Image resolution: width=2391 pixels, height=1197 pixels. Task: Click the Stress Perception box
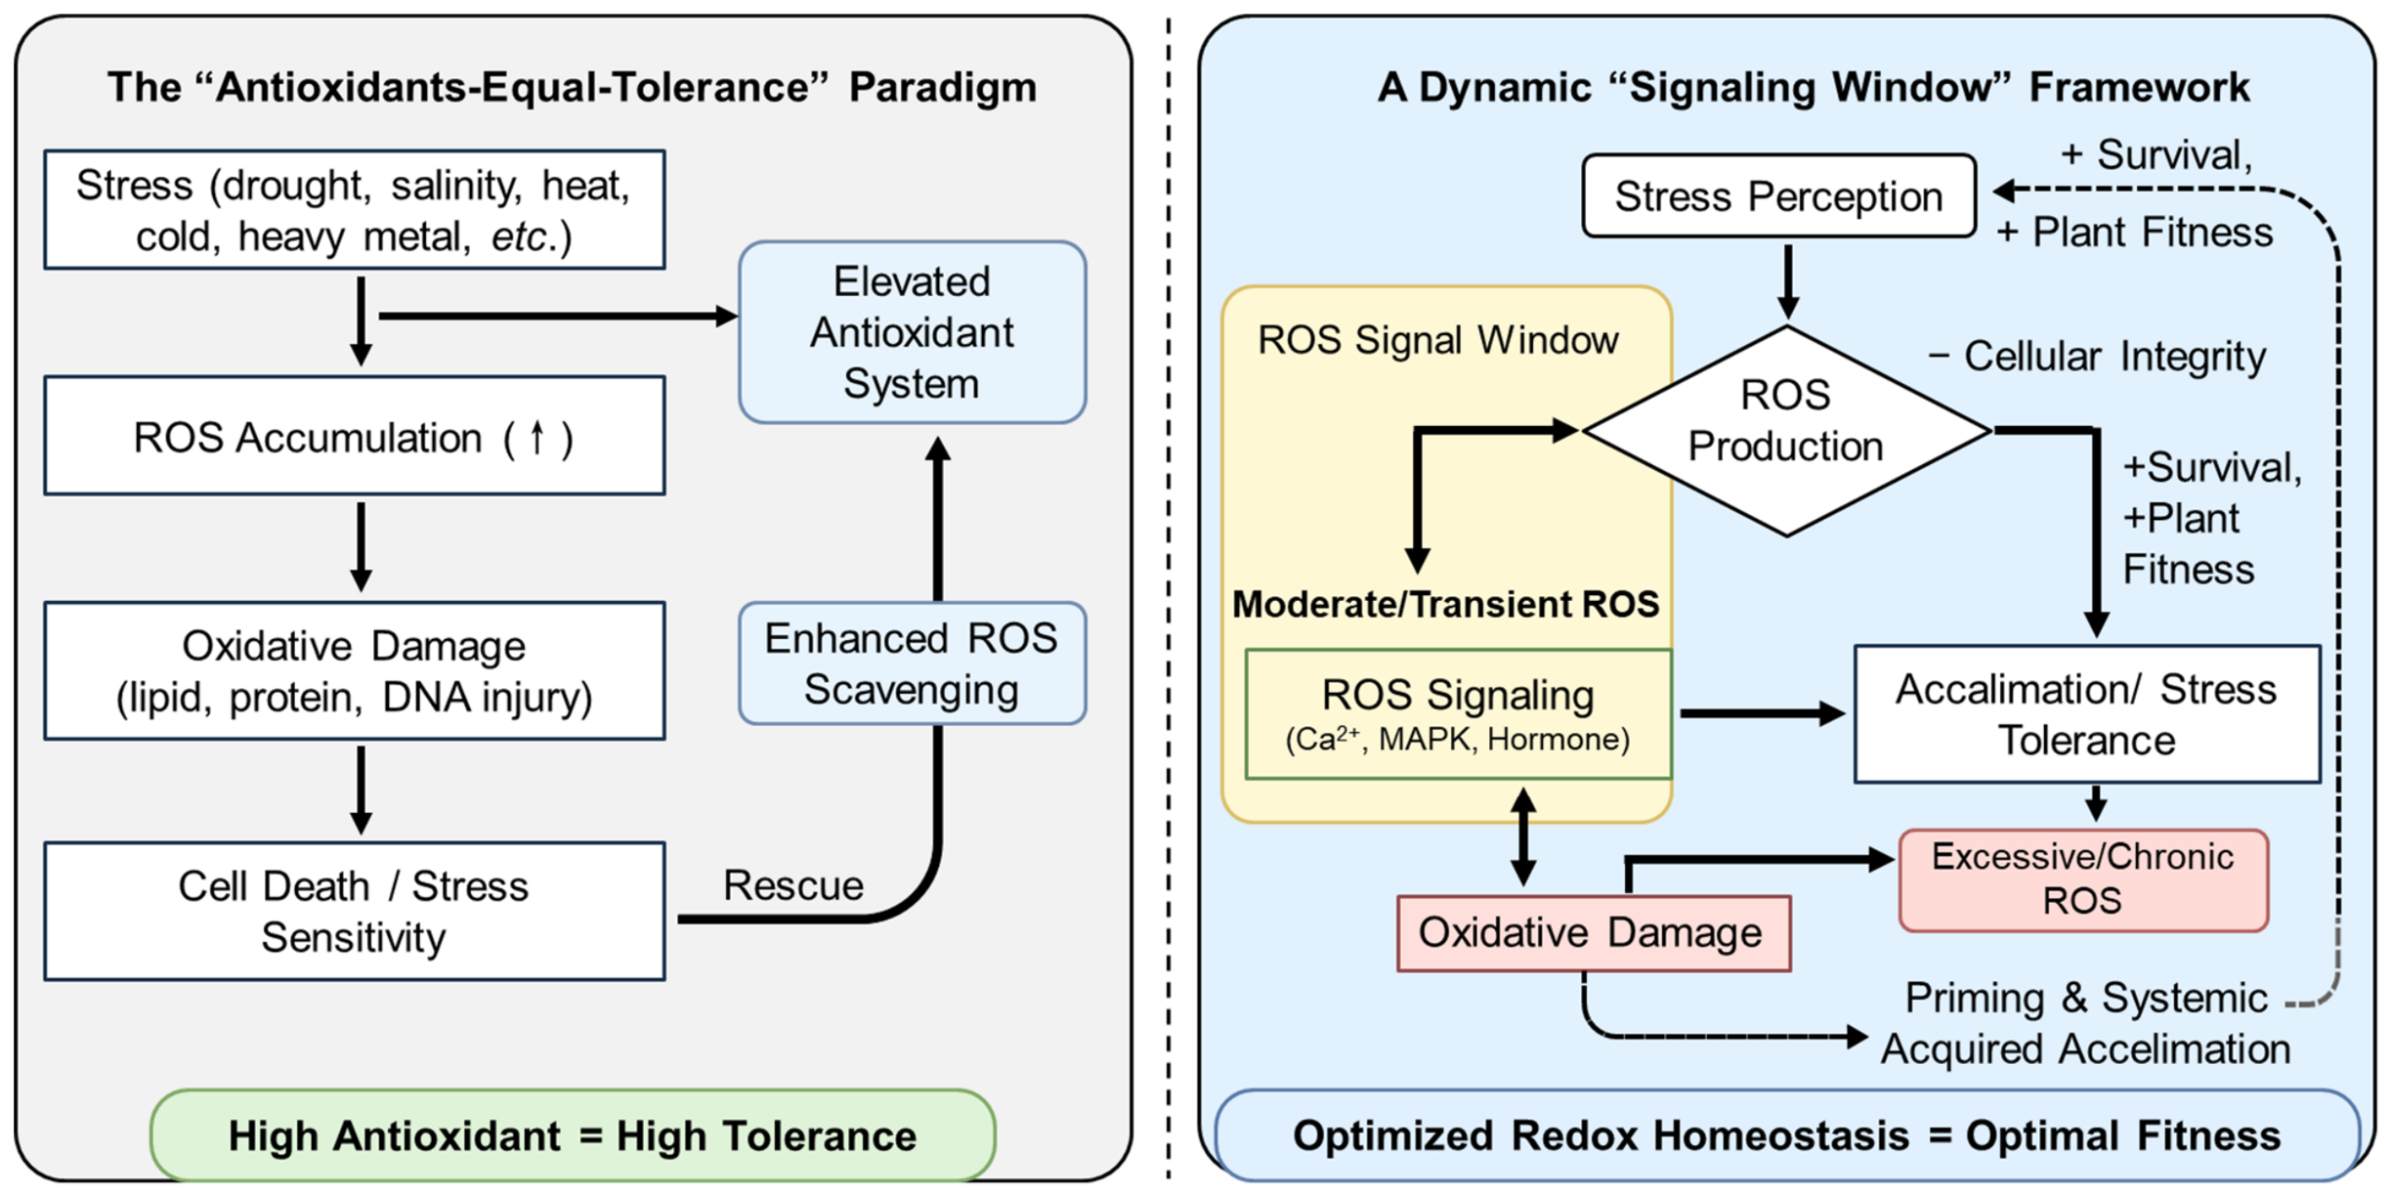(1778, 195)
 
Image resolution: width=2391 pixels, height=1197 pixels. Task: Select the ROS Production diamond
(1786, 430)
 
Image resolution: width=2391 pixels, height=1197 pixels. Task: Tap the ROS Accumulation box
(355, 436)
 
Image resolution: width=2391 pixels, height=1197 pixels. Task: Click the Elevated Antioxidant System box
(912, 332)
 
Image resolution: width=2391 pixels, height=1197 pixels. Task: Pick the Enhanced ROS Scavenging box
(912, 663)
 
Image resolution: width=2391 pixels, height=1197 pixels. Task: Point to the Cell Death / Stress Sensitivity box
(355, 912)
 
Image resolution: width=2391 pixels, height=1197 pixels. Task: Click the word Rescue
(792, 885)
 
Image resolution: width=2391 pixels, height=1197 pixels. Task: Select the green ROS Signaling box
(1458, 714)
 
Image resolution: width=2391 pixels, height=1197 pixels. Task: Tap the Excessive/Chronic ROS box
(2083, 879)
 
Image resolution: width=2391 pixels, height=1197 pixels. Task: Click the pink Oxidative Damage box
(1594, 933)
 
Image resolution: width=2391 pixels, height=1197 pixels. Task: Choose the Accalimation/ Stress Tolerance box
(2087, 714)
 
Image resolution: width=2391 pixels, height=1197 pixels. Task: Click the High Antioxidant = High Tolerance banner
(573, 1135)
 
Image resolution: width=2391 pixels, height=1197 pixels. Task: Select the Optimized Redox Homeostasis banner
(1787, 1135)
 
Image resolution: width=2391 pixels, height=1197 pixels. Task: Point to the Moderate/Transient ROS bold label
(1445, 604)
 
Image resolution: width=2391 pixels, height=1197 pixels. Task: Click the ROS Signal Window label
(1437, 340)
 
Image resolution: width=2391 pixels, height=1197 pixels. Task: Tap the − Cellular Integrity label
(2097, 357)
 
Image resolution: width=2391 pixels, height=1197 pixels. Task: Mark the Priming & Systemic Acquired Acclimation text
(2086, 1023)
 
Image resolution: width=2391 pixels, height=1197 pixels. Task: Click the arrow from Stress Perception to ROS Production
(1788, 281)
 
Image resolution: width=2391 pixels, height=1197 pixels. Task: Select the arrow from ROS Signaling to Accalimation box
(1763, 714)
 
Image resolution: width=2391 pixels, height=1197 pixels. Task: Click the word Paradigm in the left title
(942, 88)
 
